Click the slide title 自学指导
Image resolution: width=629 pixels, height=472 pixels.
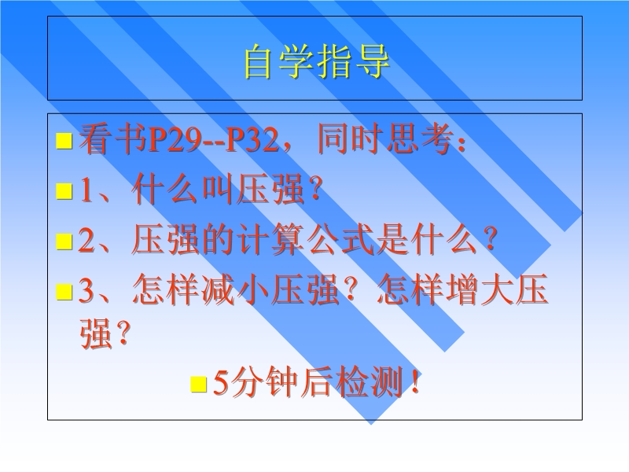click(x=317, y=61)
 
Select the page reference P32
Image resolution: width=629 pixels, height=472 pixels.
click(x=252, y=141)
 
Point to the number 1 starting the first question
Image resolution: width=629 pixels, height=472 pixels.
click(x=86, y=190)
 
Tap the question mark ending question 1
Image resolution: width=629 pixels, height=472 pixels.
click(x=316, y=189)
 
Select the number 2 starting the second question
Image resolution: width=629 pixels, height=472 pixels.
click(x=86, y=240)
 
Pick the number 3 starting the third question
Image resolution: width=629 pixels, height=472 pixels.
click(x=86, y=290)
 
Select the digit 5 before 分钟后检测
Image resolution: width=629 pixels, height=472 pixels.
click(x=221, y=382)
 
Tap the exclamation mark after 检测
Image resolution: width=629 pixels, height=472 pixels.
click(x=415, y=382)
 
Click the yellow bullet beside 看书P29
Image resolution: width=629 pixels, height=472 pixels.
click(x=64, y=141)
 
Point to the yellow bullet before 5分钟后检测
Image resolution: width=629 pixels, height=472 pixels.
click(x=199, y=384)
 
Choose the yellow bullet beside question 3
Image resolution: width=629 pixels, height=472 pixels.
click(x=64, y=292)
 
